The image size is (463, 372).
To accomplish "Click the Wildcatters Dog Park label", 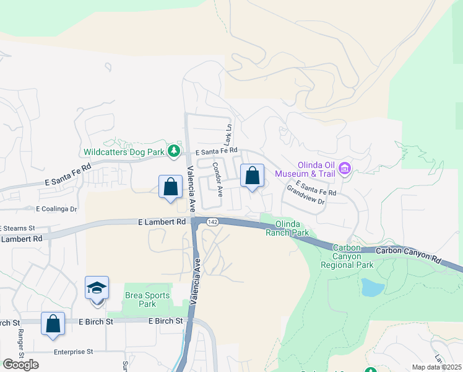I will tap(124, 151).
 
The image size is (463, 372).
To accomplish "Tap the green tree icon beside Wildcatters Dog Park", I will tap(175, 151).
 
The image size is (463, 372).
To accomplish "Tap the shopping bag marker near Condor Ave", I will tap(252, 176).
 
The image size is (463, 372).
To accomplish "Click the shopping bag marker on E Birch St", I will tap(53, 324).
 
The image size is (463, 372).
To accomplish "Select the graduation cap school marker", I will tap(97, 288).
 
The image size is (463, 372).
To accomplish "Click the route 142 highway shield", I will tap(212, 222).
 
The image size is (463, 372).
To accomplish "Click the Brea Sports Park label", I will tap(147, 299).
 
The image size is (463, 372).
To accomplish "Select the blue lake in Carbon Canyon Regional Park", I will tap(372, 286).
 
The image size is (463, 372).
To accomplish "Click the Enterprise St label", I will tap(72, 352).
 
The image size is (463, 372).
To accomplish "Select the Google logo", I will tap(20, 364).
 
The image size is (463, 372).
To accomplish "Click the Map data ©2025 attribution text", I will tap(436, 367).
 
